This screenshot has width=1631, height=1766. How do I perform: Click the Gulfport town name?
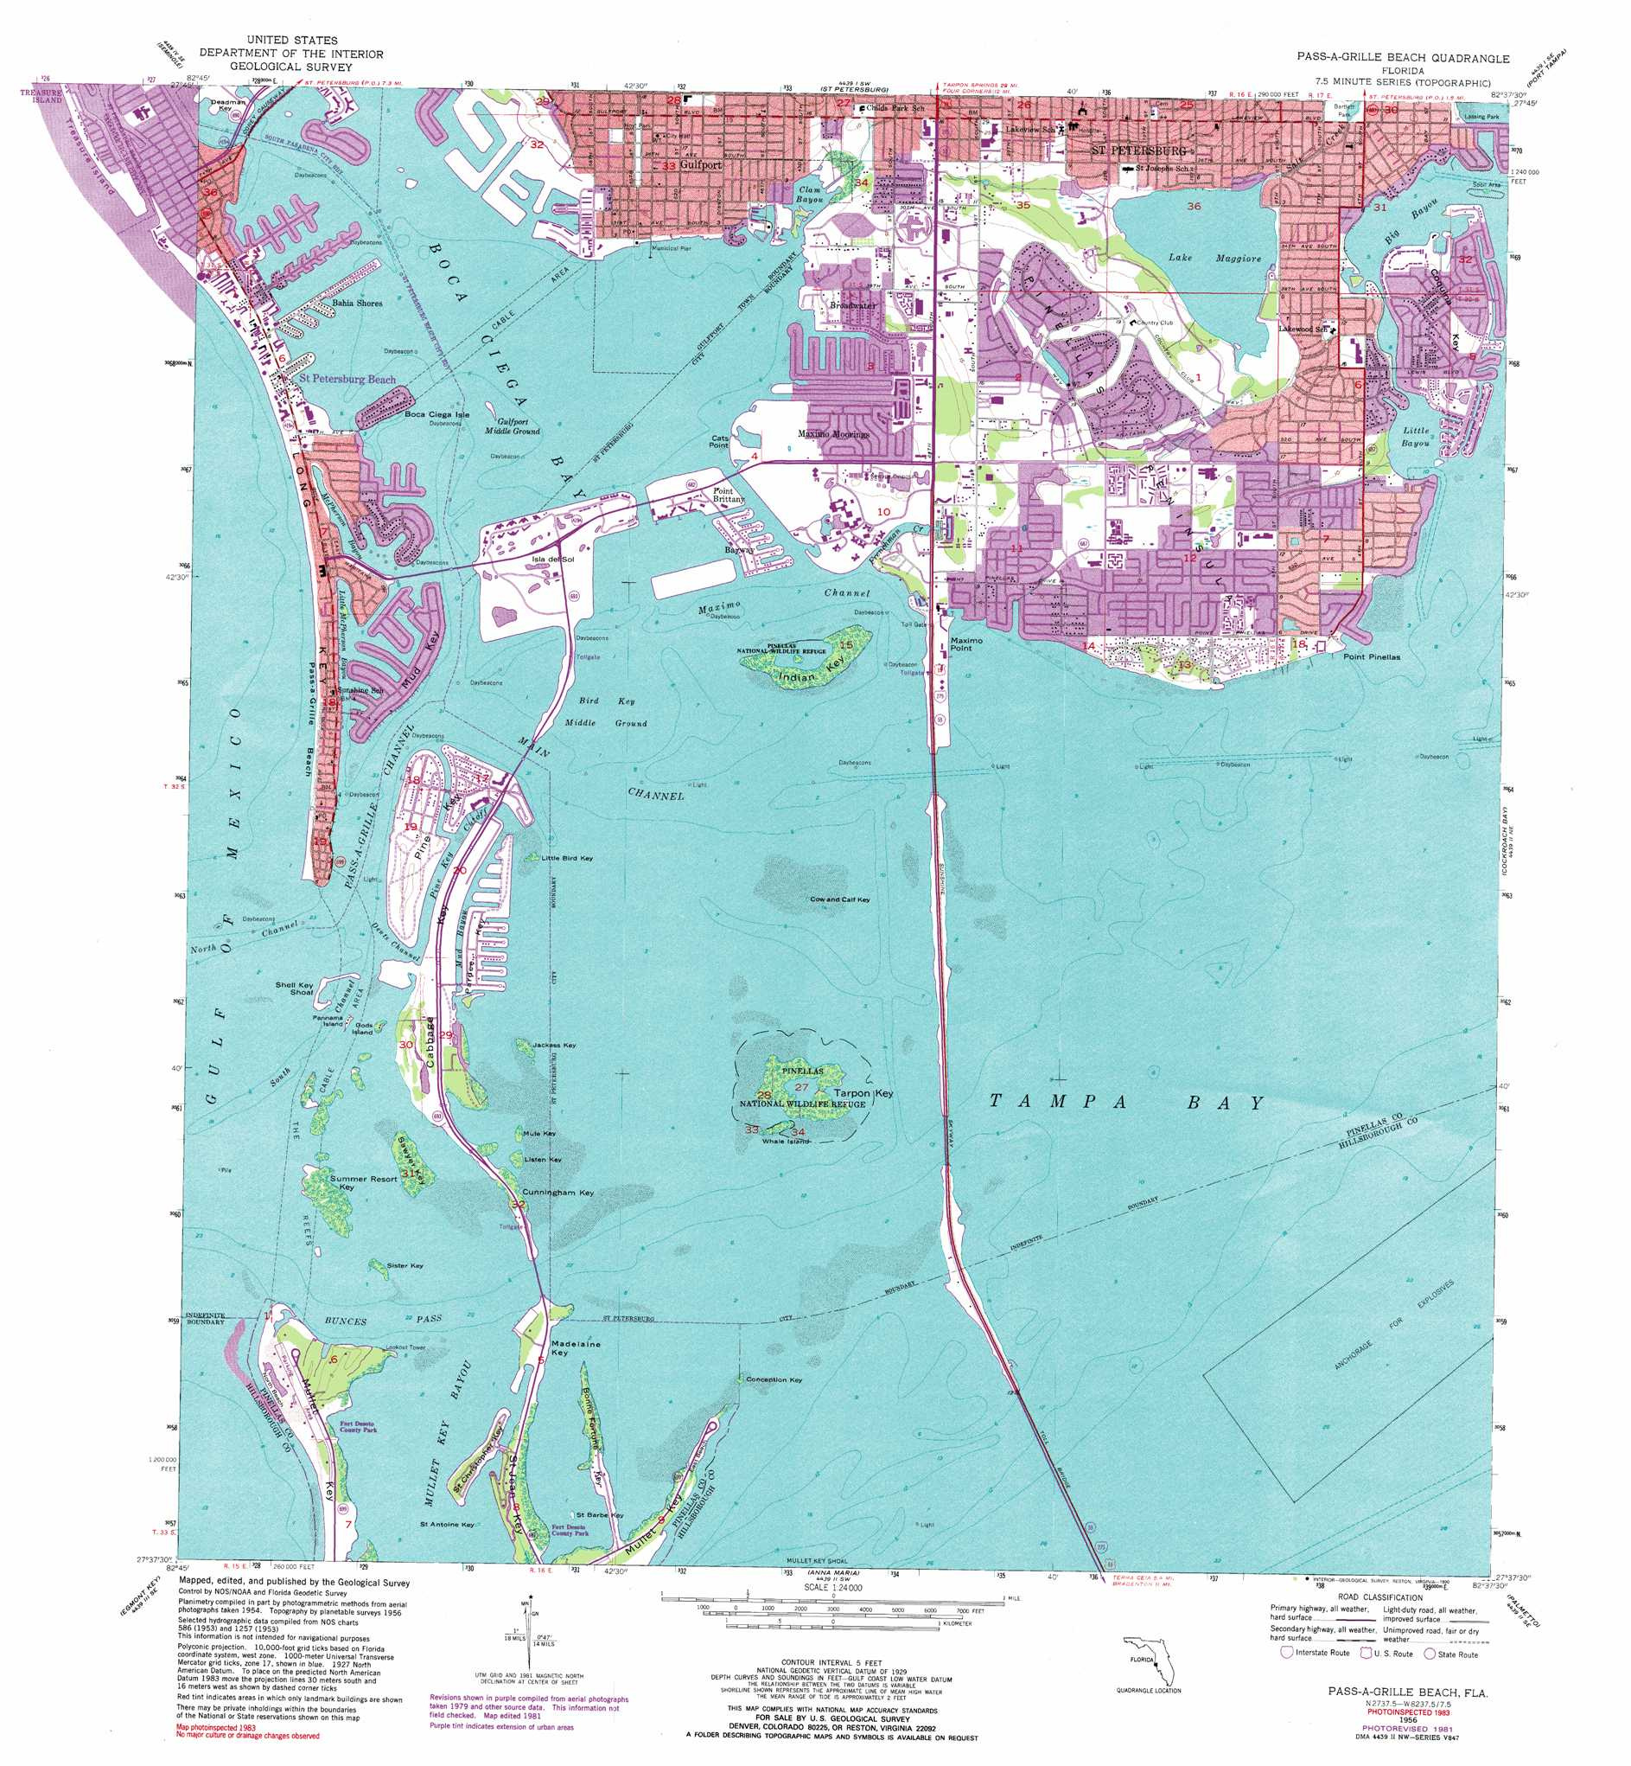(x=701, y=165)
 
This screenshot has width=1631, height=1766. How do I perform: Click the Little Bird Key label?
(x=567, y=858)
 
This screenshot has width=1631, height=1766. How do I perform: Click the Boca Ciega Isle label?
(x=436, y=414)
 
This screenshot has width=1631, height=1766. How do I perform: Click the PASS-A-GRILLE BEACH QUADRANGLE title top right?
(x=1403, y=58)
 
